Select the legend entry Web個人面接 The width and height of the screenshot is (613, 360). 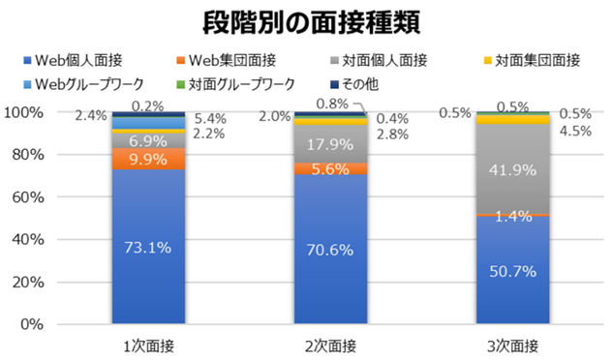coord(94,61)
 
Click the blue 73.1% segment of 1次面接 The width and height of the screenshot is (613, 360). coord(147,247)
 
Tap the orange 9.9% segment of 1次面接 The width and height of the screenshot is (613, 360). coord(147,159)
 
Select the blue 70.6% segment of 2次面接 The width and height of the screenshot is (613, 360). coord(329,249)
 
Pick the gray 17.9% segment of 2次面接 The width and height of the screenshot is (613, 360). coord(329,143)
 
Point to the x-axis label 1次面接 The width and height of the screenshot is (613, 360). coord(147,345)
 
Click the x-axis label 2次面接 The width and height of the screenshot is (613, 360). coord(329,345)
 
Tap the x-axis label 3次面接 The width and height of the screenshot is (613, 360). coord(511,345)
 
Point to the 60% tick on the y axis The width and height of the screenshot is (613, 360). coord(41,196)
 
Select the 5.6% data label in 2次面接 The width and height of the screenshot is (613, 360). coord(329,168)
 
